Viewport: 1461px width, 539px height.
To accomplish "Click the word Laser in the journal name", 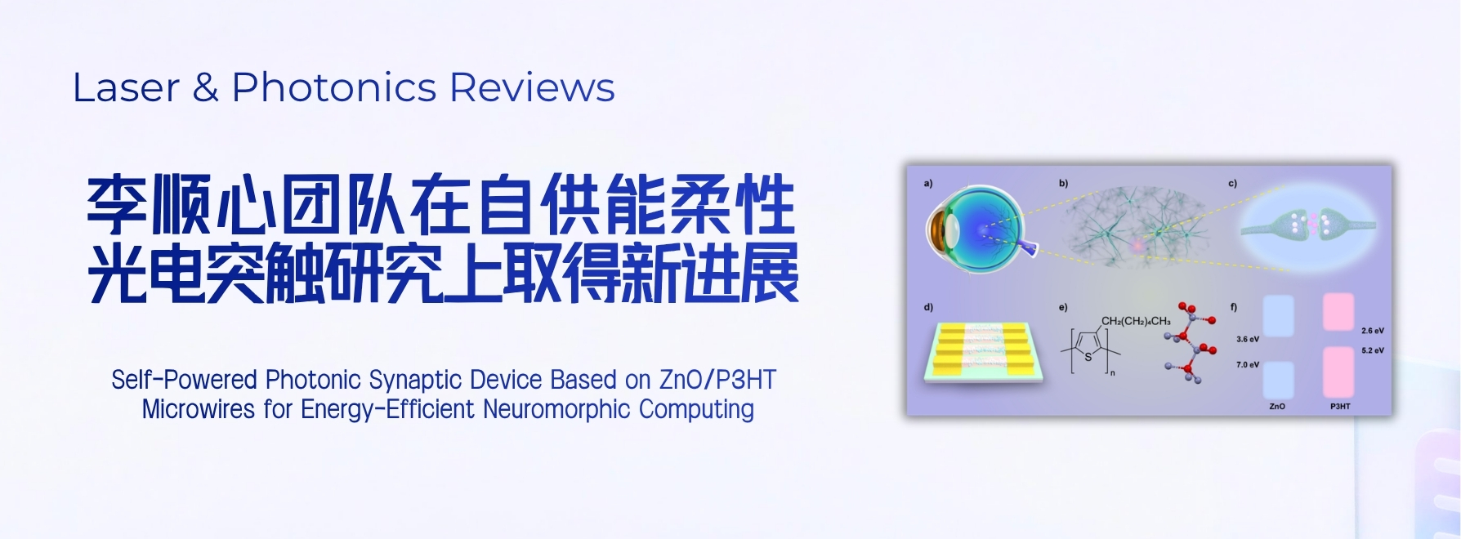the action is [x=126, y=87].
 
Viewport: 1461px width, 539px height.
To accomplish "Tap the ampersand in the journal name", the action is [x=205, y=87].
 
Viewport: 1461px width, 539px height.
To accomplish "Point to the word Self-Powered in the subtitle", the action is [x=184, y=380].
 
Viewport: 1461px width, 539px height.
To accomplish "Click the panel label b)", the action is [x=1064, y=184].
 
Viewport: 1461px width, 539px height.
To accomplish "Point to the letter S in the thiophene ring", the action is [x=1088, y=357].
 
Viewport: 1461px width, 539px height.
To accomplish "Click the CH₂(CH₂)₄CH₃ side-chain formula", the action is [x=1136, y=321].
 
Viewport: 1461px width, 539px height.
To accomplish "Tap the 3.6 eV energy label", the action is [x=1248, y=339].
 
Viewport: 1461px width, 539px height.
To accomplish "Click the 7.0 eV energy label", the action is [x=1248, y=365].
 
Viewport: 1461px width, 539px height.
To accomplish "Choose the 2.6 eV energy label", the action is [x=1373, y=331].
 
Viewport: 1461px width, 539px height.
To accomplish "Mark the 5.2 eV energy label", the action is [x=1373, y=350].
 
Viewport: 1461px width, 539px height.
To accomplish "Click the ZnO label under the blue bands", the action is [x=1277, y=406].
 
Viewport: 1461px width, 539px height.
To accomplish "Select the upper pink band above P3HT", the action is [x=1338, y=312].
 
